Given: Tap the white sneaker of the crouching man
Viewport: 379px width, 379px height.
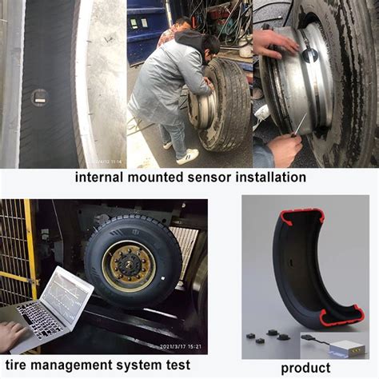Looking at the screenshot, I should [x=186, y=156].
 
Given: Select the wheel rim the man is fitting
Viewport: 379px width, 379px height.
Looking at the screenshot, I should [x=201, y=110].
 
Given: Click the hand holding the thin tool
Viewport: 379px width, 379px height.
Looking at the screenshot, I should [x=281, y=148].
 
